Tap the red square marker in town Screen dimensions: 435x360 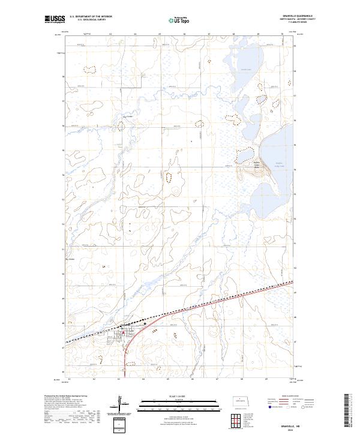click(x=123, y=332)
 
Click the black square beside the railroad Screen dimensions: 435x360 click(x=145, y=323)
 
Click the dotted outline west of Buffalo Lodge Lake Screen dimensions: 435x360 click(x=242, y=155)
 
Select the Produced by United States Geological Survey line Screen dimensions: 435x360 click(x=63, y=395)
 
